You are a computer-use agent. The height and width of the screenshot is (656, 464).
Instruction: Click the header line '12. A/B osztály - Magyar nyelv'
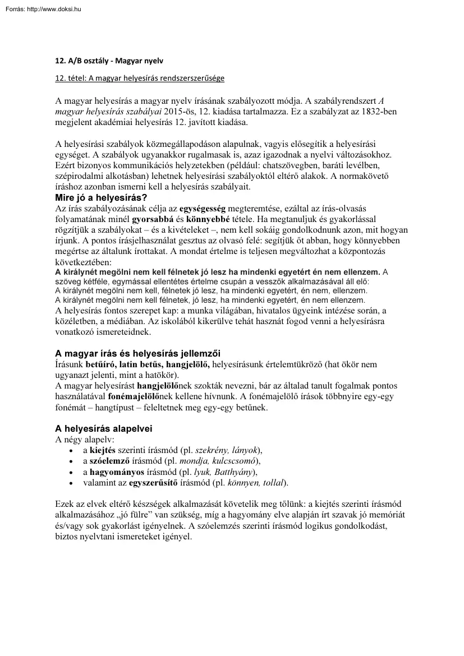(x=109, y=59)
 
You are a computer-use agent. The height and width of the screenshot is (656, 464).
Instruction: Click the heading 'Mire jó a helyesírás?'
(x=101, y=197)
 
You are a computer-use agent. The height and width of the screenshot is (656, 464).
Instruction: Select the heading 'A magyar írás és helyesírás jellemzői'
(x=137, y=353)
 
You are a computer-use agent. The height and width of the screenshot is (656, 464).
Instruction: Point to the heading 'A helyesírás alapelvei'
(x=103, y=428)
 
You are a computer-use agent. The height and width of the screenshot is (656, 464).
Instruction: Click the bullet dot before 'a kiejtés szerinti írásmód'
(x=70, y=450)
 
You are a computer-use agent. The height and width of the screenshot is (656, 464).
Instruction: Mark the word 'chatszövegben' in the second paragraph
(x=301, y=165)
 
